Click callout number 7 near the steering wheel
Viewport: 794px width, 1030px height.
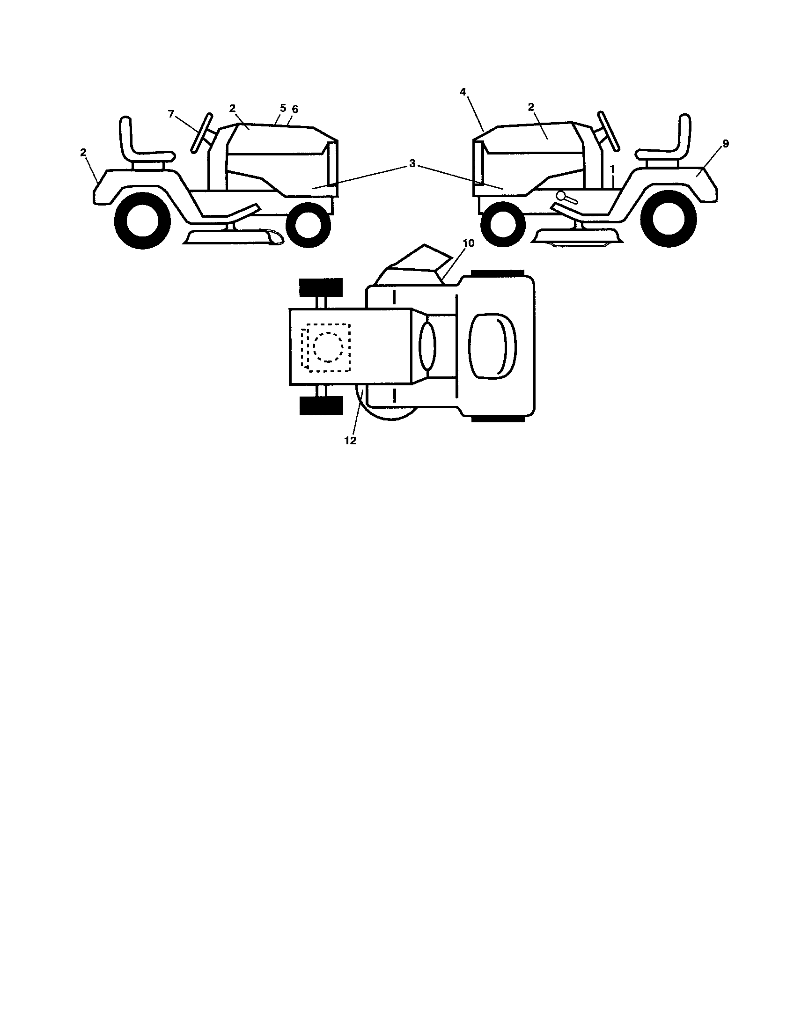click(x=171, y=114)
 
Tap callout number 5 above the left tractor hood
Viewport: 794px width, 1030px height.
click(x=283, y=108)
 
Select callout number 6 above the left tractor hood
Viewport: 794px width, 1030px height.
click(x=294, y=109)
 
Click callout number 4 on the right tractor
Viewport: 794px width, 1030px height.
click(x=463, y=92)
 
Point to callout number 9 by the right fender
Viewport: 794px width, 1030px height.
click(x=725, y=143)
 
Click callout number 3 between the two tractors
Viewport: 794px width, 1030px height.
click(x=412, y=164)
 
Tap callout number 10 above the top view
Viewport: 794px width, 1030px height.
click(x=469, y=243)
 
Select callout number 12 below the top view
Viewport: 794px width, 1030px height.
click(x=350, y=441)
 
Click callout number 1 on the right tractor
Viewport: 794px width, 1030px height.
click(x=612, y=169)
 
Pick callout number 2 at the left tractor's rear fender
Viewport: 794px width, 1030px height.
click(x=83, y=152)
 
